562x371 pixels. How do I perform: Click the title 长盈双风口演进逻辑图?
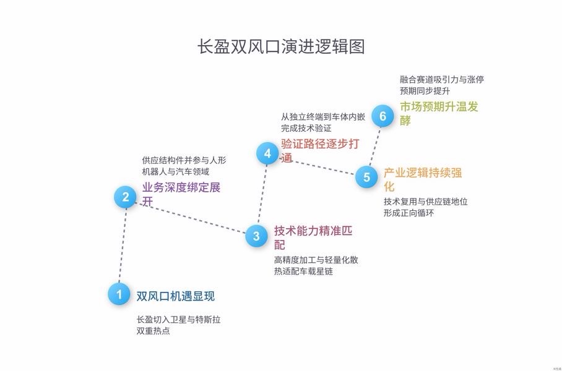point(280,47)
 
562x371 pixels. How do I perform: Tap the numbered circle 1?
point(119,294)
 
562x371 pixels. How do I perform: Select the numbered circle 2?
point(126,197)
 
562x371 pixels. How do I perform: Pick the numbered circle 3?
point(256,236)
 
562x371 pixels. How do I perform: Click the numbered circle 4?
point(267,153)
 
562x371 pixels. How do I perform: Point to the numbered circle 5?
point(366,177)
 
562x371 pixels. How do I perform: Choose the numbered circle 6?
point(383,116)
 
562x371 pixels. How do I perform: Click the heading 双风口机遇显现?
point(175,296)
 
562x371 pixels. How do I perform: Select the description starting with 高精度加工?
point(316,265)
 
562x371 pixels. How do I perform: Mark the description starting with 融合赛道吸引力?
point(441,85)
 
